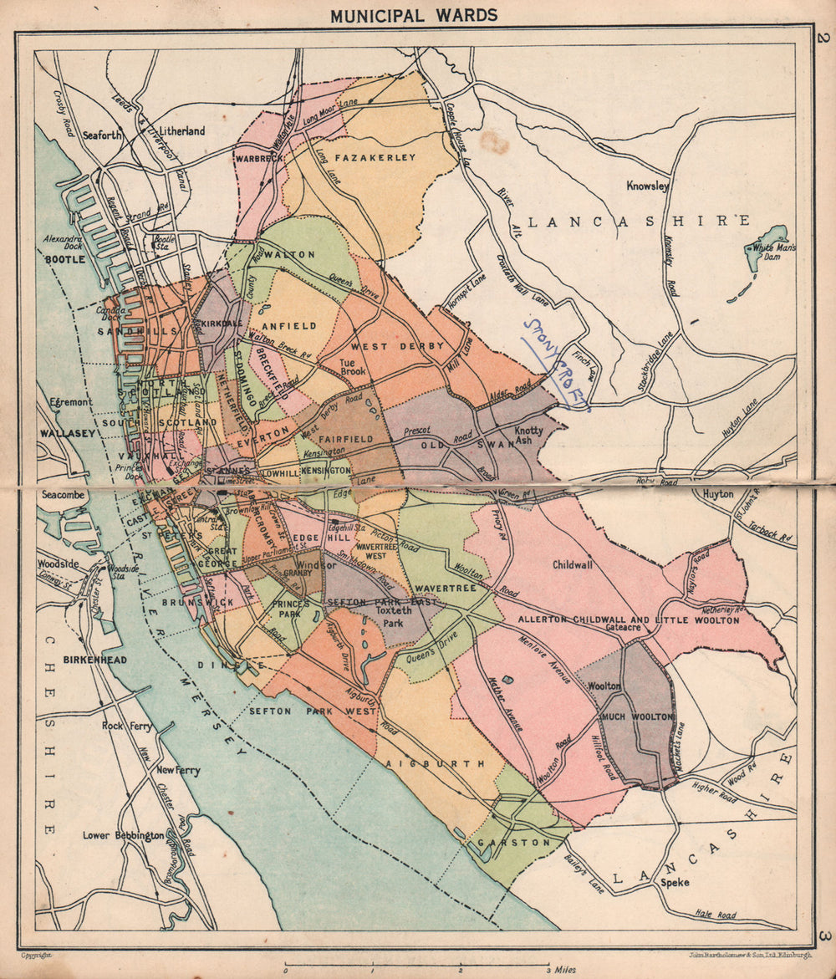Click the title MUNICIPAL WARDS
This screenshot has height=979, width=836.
click(413, 15)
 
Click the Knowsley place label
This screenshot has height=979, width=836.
click(649, 186)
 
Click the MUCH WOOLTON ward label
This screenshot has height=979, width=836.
click(636, 717)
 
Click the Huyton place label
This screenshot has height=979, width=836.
click(717, 494)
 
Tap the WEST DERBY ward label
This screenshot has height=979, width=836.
click(384, 346)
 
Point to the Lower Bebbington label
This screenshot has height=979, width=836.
click(123, 835)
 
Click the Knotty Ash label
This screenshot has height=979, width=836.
click(529, 436)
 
